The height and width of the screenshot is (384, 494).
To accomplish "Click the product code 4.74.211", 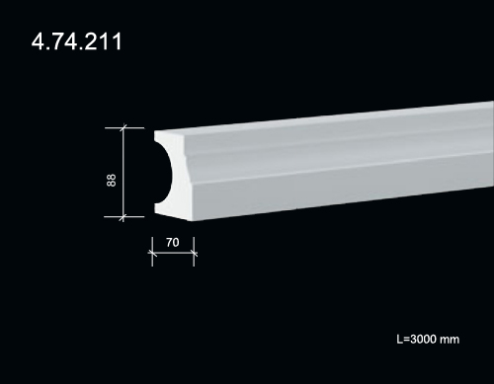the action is (x=76, y=41).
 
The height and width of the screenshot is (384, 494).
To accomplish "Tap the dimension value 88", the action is (x=112, y=181).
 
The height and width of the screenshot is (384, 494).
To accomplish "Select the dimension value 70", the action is (x=173, y=243).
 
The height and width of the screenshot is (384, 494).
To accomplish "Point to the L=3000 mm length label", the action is (x=428, y=339).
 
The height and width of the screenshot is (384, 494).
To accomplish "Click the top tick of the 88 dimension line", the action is (x=123, y=127).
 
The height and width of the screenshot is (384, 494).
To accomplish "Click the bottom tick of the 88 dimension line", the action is (x=123, y=217).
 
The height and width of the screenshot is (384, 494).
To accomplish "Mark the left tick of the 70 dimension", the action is (x=152, y=253).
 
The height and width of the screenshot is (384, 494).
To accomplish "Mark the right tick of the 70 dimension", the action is (x=194, y=254).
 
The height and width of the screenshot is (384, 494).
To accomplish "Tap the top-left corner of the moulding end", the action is (x=154, y=131).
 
